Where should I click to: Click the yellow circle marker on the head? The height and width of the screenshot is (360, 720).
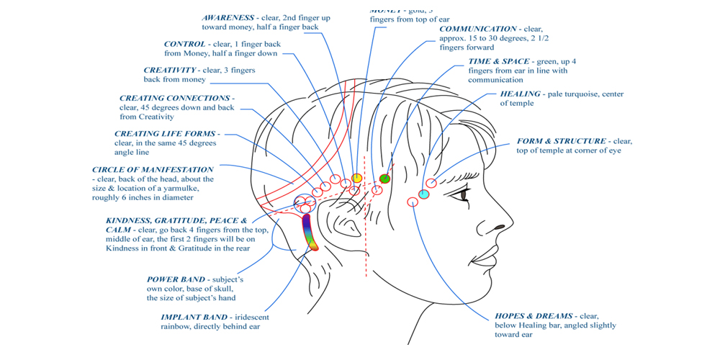point(357,178)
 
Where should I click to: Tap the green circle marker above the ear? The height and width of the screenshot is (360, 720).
point(384,179)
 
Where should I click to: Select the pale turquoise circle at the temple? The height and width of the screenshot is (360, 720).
point(424,194)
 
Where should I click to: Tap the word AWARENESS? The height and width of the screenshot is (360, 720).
point(228,17)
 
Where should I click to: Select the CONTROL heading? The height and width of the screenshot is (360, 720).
point(184,44)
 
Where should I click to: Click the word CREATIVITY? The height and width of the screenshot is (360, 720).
point(170,70)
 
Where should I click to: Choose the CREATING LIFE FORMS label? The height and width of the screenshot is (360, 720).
point(165,133)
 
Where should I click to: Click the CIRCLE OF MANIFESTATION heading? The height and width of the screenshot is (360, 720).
point(153,169)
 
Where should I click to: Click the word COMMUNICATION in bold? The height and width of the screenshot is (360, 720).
point(478,29)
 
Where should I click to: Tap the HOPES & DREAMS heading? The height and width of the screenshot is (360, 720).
point(534,315)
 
